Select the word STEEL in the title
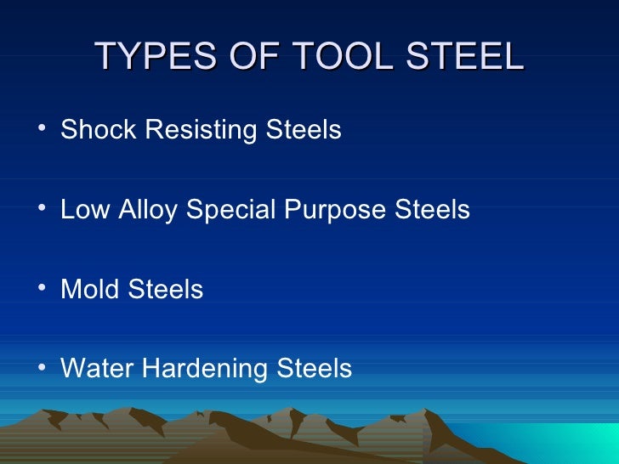[459, 57]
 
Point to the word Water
[94, 369]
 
